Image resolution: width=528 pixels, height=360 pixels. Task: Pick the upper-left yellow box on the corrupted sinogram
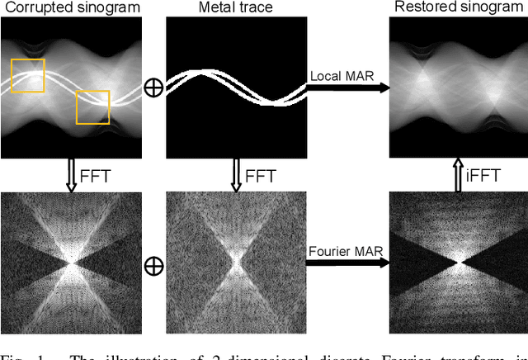tap(28, 75)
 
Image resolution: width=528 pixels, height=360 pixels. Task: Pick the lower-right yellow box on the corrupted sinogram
tap(92, 107)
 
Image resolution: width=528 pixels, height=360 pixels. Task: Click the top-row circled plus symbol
tap(153, 88)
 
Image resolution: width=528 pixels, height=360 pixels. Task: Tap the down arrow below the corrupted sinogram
tap(72, 176)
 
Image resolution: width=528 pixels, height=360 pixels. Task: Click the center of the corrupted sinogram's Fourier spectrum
tap(72, 263)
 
